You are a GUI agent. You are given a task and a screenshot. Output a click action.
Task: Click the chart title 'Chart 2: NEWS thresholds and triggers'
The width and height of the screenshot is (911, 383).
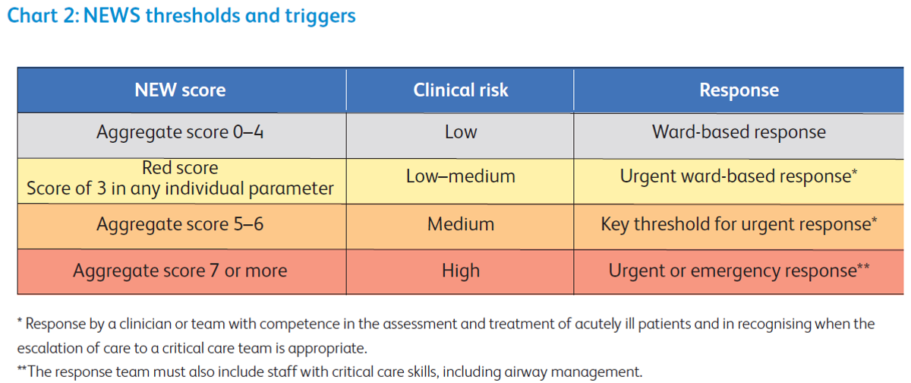181,16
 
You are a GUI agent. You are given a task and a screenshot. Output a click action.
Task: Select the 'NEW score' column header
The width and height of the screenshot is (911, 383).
180,90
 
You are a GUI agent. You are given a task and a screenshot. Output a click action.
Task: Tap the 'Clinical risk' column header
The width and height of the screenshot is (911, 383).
460,90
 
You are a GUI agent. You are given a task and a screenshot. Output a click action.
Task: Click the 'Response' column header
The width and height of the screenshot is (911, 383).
739,90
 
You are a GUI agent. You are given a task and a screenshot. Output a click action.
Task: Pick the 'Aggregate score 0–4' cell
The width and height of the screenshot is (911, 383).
180,132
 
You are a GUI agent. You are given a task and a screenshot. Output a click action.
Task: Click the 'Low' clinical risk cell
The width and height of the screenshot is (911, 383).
460,132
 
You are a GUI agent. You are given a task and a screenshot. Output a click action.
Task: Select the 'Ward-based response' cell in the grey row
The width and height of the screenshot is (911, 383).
739,132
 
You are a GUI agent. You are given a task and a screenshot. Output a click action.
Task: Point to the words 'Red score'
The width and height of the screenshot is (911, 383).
180,168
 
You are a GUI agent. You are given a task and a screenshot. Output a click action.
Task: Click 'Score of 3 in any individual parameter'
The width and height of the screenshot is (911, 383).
180,188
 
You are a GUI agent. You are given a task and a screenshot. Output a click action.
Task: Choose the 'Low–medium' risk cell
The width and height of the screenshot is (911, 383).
460,177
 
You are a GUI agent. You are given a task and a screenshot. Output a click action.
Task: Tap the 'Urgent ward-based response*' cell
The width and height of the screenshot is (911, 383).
739,177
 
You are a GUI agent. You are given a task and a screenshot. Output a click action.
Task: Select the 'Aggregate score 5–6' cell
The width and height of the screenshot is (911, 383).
180,225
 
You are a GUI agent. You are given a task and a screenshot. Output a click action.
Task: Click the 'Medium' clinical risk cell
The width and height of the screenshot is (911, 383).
460,225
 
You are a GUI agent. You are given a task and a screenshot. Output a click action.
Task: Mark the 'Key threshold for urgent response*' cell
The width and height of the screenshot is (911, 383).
739,225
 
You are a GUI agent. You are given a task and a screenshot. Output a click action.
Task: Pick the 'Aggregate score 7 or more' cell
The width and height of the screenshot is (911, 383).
180,271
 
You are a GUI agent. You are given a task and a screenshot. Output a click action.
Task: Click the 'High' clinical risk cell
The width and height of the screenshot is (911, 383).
460,271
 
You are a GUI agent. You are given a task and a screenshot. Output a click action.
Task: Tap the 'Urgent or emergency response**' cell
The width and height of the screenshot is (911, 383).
739,271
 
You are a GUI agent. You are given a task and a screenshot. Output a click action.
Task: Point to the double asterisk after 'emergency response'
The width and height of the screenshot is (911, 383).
863,267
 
